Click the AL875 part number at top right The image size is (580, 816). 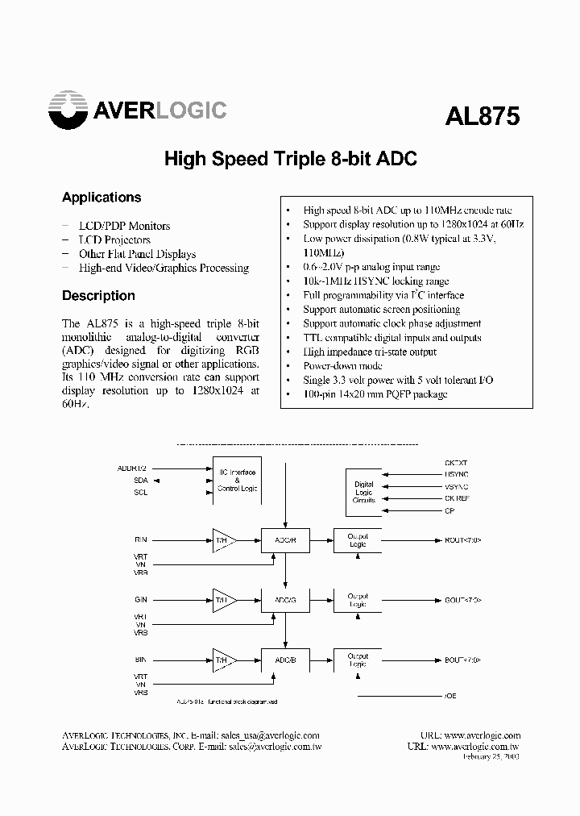(483, 116)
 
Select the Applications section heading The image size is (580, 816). (101, 198)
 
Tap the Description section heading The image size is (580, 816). (98, 296)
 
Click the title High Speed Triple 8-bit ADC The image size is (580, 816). (290, 159)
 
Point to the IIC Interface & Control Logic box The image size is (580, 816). (237, 481)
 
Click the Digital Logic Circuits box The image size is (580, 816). (364, 492)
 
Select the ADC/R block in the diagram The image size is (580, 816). (285, 539)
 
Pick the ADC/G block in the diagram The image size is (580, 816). (285, 600)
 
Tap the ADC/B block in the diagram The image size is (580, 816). (285, 660)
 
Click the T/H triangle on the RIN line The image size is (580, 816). (221, 539)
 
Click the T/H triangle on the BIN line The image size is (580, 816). (221, 660)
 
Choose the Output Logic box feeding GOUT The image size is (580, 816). (357, 600)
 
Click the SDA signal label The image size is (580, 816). (142, 481)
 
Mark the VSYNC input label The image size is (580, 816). (456, 486)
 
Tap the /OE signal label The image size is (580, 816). (450, 695)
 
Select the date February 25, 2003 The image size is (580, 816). (491, 758)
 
